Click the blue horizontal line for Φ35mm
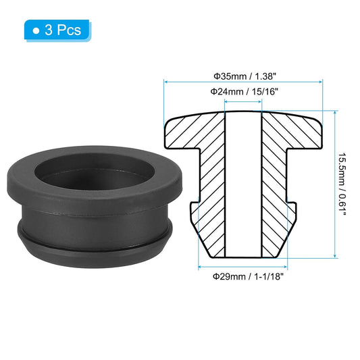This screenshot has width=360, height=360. tap(242, 82)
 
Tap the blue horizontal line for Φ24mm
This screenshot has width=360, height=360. tap(242, 102)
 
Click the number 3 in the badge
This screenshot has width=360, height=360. tap(49, 30)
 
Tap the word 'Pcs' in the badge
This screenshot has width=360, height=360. tap(69, 30)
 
